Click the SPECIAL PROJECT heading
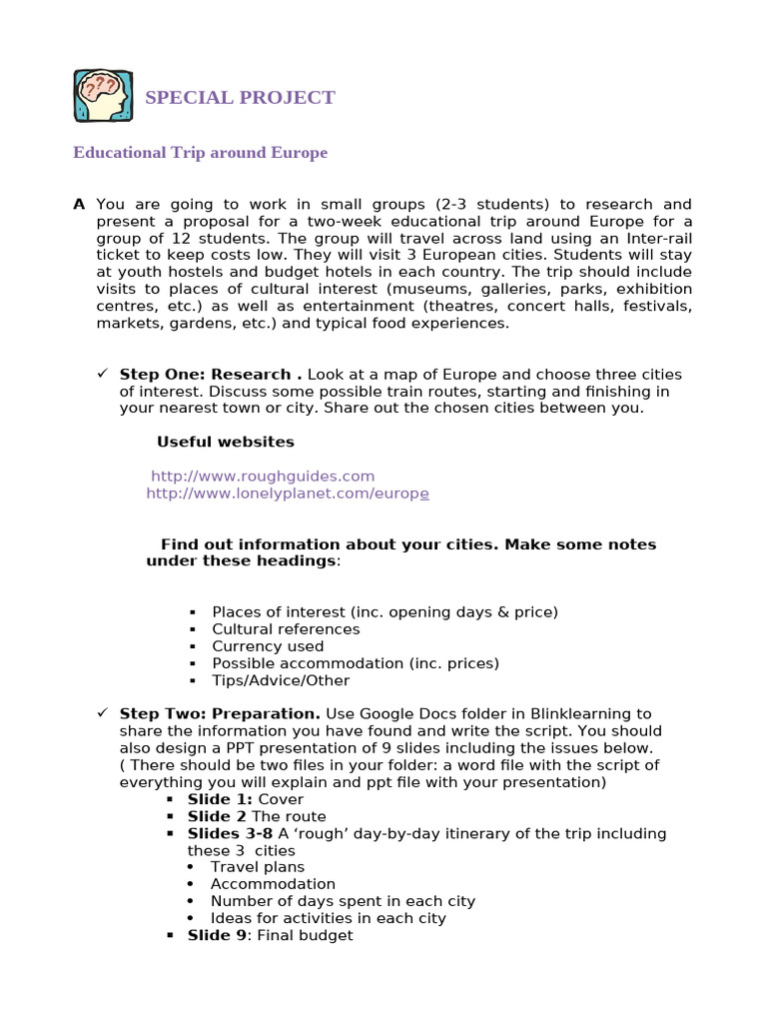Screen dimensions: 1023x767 (240, 98)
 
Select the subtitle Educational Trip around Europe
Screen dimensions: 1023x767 (200, 153)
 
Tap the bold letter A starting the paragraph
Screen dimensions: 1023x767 (79, 205)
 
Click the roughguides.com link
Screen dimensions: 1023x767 (264, 477)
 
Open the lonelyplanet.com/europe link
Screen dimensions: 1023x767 (288, 494)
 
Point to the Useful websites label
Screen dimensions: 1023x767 (226, 442)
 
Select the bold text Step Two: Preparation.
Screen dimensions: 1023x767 (220, 714)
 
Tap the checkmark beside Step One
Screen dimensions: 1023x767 (102, 374)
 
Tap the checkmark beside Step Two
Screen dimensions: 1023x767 (102, 713)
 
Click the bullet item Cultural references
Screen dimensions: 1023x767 (286, 629)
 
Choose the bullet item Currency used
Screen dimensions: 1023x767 (268, 646)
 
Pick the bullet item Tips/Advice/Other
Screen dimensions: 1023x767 (281, 680)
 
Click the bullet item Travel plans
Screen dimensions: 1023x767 (258, 867)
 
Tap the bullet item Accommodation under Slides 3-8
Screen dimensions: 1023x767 (273, 884)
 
